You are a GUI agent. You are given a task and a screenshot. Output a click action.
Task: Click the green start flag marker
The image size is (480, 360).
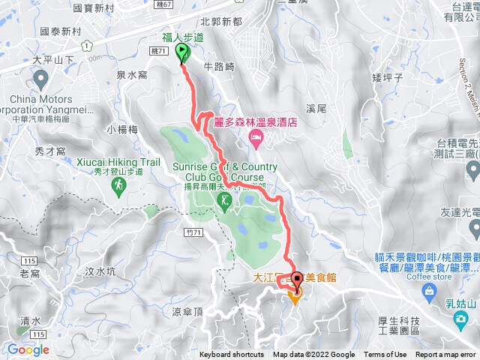click(x=182, y=52)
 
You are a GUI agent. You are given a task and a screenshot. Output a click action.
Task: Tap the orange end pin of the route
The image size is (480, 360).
click(x=295, y=298)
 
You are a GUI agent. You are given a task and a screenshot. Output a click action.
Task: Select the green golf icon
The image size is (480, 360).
click(x=225, y=200)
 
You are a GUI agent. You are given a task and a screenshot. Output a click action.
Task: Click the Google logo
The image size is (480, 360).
click(x=28, y=349)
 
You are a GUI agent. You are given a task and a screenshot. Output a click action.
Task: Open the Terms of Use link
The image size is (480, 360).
click(x=385, y=355)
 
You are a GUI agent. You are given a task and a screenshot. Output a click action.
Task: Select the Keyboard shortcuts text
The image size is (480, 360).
click(x=232, y=355)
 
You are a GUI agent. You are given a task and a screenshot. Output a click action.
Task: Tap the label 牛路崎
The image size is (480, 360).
click(x=220, y=66)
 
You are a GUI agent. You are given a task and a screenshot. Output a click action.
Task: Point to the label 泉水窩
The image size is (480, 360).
click(x=131, y=76)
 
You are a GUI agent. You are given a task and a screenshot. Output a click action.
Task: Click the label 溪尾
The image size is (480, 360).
click(x=317, y=109)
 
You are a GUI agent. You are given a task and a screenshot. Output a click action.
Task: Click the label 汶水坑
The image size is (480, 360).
click(x=100, y=271)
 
